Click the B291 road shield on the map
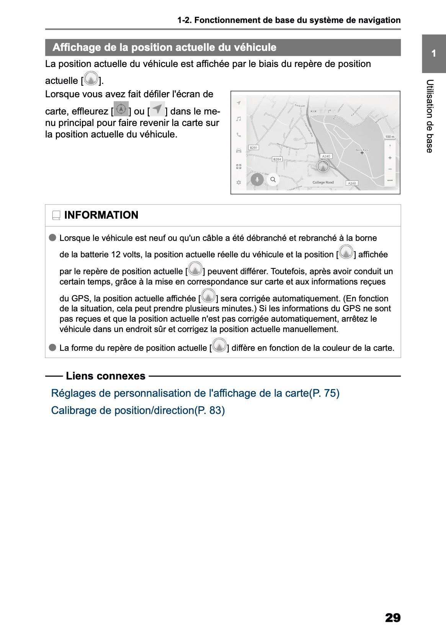click(x=253, y=147)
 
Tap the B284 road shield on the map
click(x=277, y=159)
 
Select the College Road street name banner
click(x=323, y=182)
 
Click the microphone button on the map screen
click(x=257, y=179)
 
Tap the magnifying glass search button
click(x=273, y=179)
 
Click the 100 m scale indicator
click(x=389, y=137)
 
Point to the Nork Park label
click(x=362, y=150)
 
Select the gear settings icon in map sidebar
click(x=239, y=182)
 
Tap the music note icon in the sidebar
click(x=239, y=119)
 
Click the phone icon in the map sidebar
click(x=239, y=135)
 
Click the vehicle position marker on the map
click(x=323, y=167)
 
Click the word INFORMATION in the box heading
click(x=101, y=215)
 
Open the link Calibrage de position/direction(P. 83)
click(x=138, y=411)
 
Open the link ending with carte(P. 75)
click(x=195, y=393)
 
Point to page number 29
click(x=392, y=617)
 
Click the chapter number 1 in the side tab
click(x=433, y=54)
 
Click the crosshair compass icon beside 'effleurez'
click(x=121, y=109)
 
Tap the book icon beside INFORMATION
click(x=56, y=216)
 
